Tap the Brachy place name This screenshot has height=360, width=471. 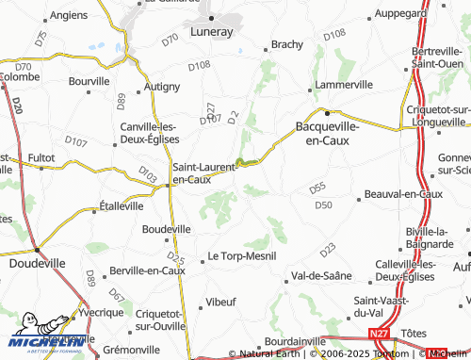tap(285, 44)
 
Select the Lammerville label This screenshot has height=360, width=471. tap(344, 84)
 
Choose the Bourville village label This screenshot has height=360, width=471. tap(89, 82)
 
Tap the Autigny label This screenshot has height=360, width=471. tap(162, 87)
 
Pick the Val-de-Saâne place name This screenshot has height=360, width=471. tap(321, 276)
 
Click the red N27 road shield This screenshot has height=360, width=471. tap(379, 334)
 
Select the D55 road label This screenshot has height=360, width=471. tap(317, 188)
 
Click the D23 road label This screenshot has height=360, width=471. tap(328, 250)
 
